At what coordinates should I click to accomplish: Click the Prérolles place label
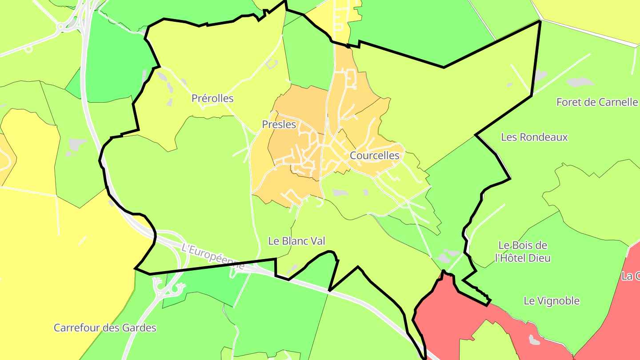coord(212,98)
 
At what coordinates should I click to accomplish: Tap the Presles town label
coord(279,124)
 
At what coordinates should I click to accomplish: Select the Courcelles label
coord(375,156)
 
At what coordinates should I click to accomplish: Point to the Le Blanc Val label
coord(296,241)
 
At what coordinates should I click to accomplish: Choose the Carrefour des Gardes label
coord(105,328)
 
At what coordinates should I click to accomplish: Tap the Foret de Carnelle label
coord(597,102)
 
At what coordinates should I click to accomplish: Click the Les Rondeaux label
coord(534,137)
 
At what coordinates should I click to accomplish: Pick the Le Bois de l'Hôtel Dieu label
coord(523,252)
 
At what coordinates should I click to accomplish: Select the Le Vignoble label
coord(552,301)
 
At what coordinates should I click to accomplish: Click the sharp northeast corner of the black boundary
coord(540,21)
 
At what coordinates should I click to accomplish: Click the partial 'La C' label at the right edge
coord(631,276)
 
